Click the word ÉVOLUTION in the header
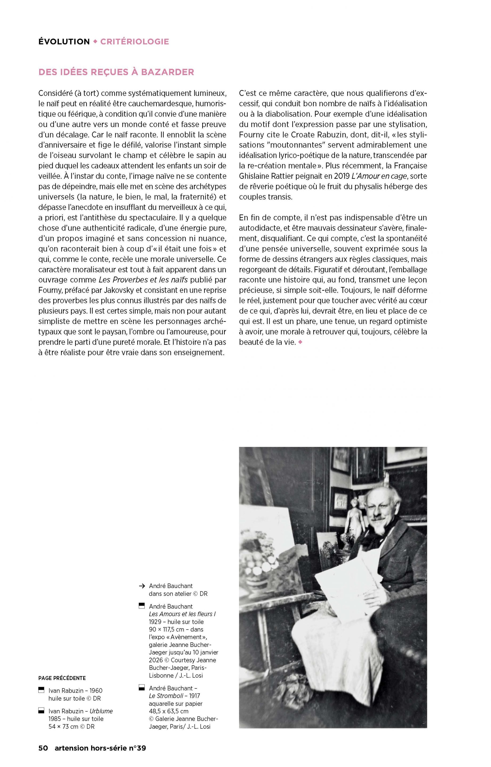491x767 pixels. [64, 42]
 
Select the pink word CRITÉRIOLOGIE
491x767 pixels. [134, 42]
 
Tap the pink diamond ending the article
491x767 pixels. [300, 342]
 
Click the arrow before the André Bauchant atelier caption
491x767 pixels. [141, 586]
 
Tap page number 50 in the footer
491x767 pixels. [43, 754]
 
